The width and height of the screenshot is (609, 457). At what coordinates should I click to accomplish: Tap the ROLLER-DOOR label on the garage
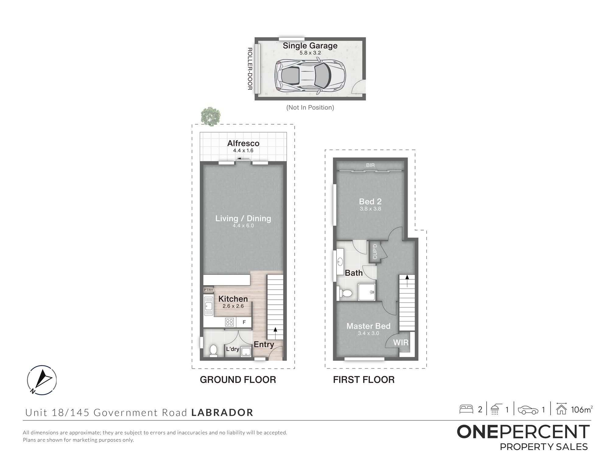[250, 69]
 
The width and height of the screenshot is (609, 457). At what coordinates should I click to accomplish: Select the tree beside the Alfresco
[210, 116]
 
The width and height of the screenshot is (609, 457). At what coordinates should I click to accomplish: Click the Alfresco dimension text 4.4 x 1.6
[243, 151]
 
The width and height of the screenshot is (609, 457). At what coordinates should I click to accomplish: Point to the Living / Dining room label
[243, 218]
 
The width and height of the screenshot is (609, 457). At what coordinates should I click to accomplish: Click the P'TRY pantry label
[208, 290]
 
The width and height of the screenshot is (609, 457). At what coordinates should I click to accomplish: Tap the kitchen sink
[208, 306]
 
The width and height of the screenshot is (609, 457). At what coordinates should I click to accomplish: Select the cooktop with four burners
[230, 322]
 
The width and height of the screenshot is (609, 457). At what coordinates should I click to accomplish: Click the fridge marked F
[244, 322]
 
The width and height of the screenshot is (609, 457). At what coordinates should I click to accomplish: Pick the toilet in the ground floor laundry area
[213, 350]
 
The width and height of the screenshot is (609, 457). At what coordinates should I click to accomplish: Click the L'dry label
[232, 349]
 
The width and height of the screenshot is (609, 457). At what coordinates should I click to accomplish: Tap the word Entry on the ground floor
[264, 345]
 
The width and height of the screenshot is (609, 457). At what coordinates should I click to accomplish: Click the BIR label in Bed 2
[370, 165]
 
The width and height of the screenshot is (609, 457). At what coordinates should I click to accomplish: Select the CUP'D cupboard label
[375, 252]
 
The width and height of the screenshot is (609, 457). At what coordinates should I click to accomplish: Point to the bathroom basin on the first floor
[340, 261]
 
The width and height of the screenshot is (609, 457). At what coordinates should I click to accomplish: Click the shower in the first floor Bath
[367, 292]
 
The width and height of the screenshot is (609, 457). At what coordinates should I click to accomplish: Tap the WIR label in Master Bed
[401, 342]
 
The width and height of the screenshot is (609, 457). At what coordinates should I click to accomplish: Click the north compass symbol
[42, 380]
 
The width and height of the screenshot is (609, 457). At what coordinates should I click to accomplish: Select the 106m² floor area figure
[582, 409]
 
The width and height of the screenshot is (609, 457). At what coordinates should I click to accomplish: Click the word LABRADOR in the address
[222, 413]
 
